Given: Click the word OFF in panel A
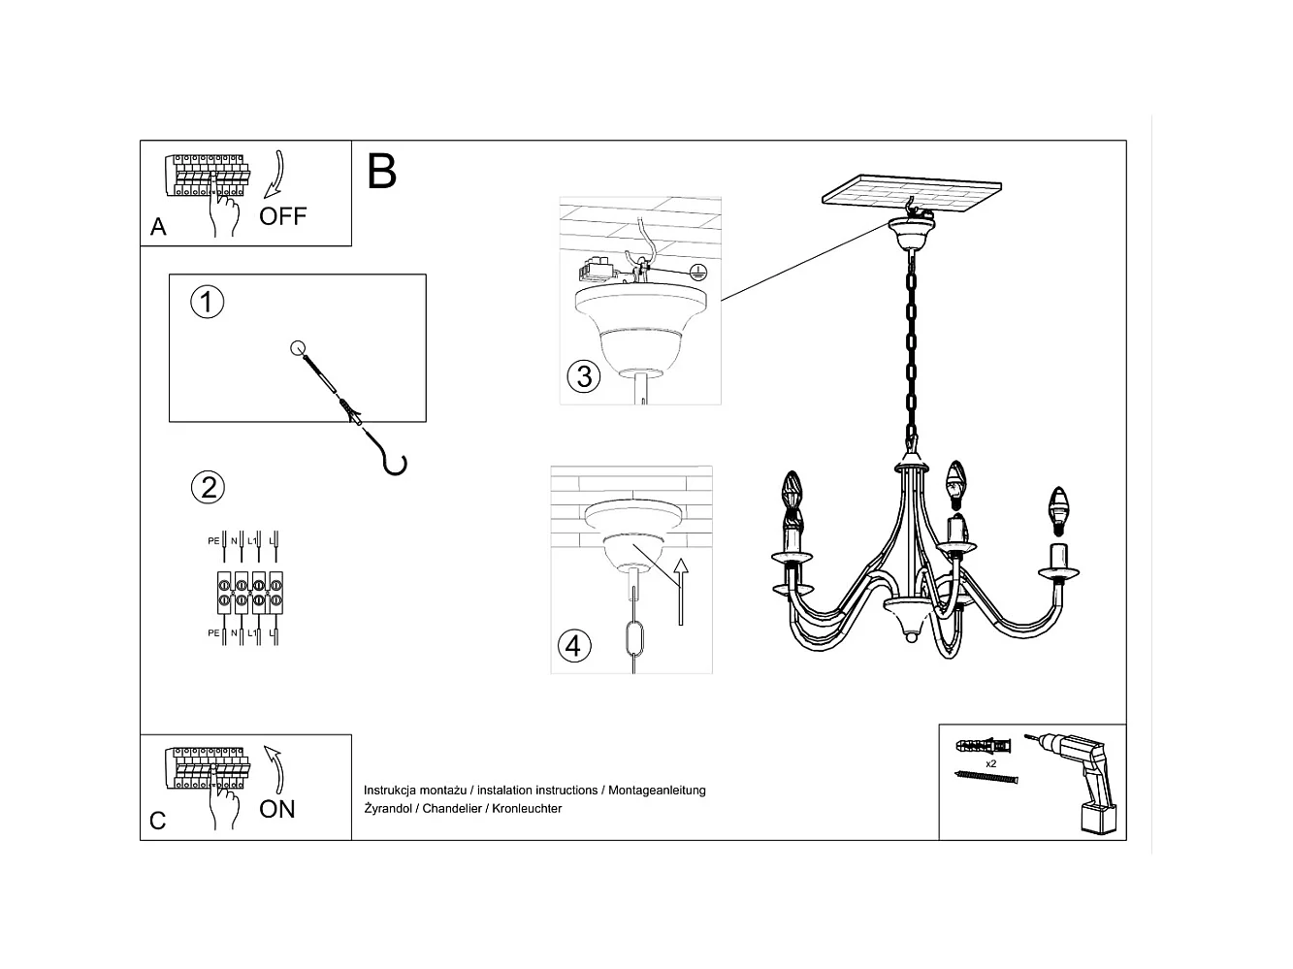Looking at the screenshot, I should coord(282,216).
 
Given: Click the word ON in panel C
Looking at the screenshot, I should coord(277,809).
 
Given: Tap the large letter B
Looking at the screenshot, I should coord(382,171).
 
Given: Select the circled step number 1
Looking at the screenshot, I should coord(207,302).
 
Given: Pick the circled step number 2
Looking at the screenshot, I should coord(209,486).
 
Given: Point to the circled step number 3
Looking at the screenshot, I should coord(584,375).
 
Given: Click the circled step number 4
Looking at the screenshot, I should coord(574,645).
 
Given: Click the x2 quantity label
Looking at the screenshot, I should coord(990,764).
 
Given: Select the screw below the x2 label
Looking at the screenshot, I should coord(988,779).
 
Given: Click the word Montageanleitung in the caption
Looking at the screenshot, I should coord(657,791).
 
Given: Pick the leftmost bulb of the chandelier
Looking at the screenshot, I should coord(794,492).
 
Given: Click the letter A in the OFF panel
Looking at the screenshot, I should coord(159,227).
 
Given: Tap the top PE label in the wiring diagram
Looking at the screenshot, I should coord(213,541).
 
